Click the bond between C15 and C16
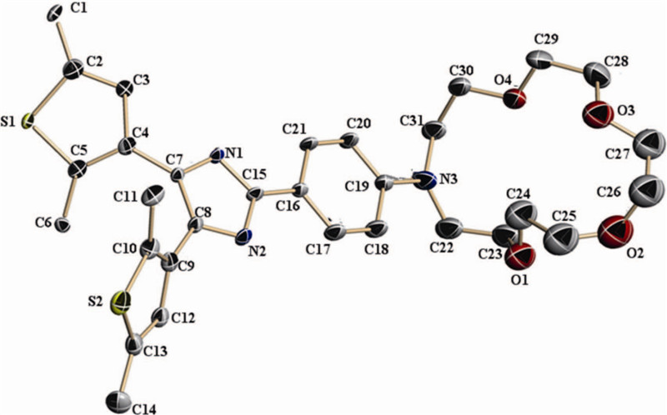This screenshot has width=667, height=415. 276,193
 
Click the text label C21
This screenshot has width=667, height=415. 295,128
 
